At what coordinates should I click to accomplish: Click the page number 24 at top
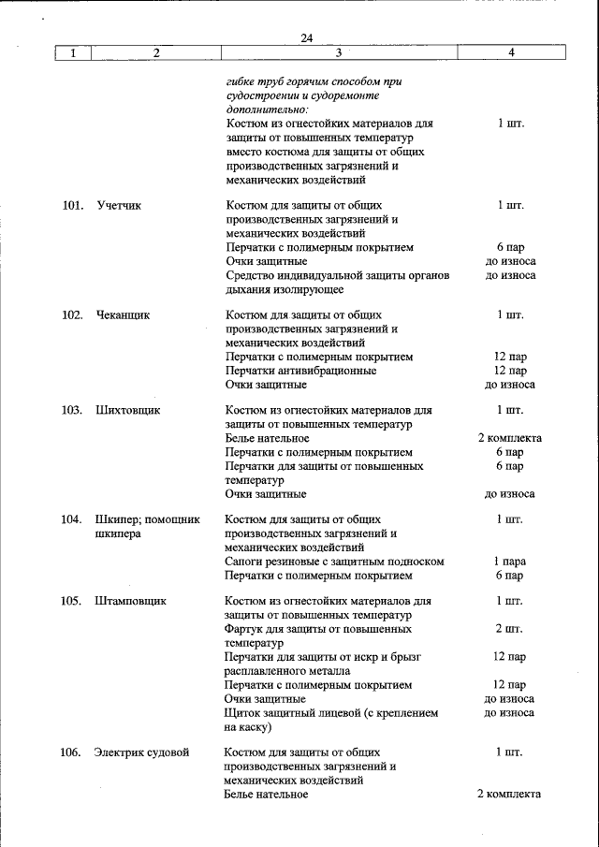coord(307,37)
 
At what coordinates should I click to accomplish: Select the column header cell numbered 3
coord(339,53)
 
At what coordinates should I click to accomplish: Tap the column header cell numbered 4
coord(511,53)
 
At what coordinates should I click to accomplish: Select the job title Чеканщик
coord(122,315)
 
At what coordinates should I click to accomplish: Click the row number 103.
coord(73,410)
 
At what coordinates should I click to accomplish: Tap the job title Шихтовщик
coord(127,410)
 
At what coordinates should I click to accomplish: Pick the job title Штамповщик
coord(130,601)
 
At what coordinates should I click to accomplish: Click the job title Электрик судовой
coord(141,752)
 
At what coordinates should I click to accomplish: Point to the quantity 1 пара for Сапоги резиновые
coord(510,562)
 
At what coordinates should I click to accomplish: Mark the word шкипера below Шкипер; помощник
coord(118,533)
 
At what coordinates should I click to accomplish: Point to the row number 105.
coord(73,601)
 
